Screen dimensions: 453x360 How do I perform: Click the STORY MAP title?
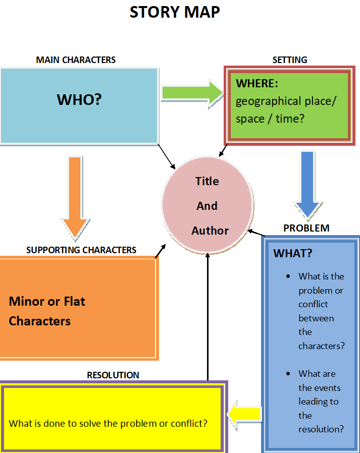click(175, 12)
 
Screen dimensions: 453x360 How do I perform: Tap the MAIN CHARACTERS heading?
click(76, 60)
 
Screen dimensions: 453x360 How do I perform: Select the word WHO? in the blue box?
click(79, 99)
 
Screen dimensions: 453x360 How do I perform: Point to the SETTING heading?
click(290, 60)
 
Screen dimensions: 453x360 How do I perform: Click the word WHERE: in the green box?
click(257, 83)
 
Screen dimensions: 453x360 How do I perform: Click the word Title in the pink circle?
click(207, 181)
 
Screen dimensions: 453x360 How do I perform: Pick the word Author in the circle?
click(210, 231)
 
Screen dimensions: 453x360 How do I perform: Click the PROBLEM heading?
click(306, 228)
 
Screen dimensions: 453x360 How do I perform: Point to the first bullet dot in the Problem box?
click(288, 276)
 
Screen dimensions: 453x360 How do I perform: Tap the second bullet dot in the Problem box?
click(288, 374)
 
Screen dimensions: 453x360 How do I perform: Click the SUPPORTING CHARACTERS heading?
click(81, 250)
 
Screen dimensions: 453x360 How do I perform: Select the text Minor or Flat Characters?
click(47, 311)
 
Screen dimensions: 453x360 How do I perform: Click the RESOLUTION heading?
click(113, 375)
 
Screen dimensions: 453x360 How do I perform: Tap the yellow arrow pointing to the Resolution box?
click(244, 414)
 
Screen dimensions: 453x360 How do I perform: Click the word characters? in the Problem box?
click(321, 346)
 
